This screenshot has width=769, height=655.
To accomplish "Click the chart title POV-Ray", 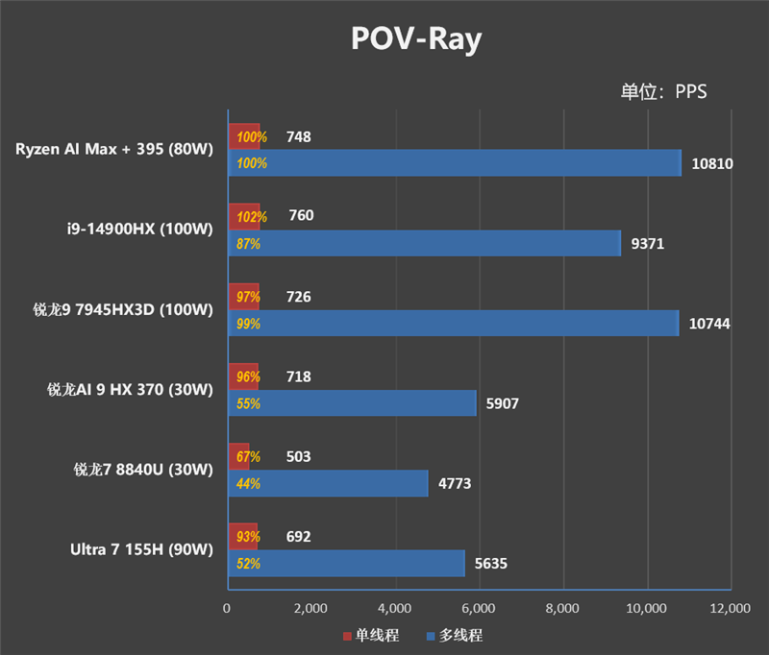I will tap(414, 39).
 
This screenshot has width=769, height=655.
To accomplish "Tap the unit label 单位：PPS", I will tap(663, 91).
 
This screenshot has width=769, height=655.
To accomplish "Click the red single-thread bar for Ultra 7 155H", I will tap(243, 536).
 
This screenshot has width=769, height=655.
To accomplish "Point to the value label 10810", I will tap(712, 163).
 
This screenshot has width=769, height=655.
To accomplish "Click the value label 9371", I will tap(647, 244).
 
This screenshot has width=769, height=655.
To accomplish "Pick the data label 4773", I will tap(454, 484).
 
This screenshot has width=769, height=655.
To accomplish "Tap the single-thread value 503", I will tap(298, 457).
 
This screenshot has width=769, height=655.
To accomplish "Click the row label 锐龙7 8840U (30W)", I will tap(142, 470).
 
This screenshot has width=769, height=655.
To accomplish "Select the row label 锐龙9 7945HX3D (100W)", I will tap(129, 309).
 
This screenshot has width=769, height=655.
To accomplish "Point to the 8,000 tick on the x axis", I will tap(561, 608).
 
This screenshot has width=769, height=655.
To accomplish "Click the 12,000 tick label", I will tap(728, 608).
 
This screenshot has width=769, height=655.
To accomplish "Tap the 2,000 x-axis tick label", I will tap(310, 608).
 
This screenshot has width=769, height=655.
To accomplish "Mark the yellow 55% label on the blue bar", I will tap(248, 404).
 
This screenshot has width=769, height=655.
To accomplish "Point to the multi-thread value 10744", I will tap(709, 324).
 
